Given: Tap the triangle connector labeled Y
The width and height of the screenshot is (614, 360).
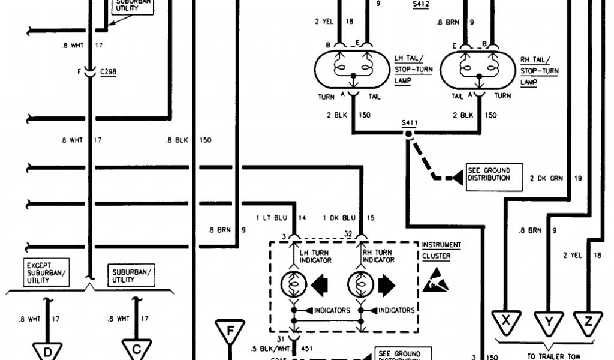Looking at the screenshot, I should click(547, 322).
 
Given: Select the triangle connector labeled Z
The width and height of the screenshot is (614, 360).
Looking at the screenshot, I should click(588, 322).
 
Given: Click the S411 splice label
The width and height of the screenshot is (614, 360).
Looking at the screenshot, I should click(410, 124).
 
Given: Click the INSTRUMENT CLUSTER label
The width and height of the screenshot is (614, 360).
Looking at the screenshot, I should click(441, 249).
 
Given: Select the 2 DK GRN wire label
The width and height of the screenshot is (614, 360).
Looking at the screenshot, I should click(544, 178).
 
